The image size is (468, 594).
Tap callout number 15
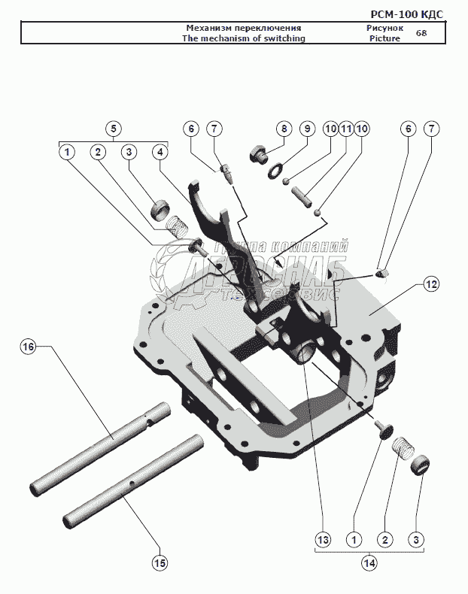pos(160,562)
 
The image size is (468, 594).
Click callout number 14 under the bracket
pos(369,562)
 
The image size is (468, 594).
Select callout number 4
pos(160,151)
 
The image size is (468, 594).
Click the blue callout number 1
pos(67,151)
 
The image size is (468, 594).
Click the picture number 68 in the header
pos(421,33)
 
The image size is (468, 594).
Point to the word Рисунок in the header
pos(384,28)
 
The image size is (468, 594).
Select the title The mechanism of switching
pos(244,38)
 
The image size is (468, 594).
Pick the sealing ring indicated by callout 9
pos(278,171)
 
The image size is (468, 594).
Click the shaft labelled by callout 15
pos(132,481)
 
